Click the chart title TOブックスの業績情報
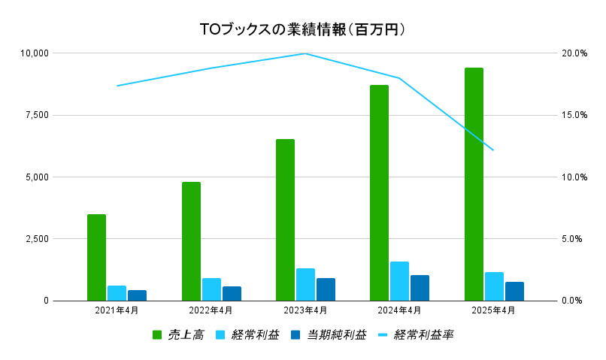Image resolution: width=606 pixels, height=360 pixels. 303,30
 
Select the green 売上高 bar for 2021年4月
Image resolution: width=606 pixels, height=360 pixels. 96,257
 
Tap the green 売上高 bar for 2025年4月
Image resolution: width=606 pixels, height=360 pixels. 474,184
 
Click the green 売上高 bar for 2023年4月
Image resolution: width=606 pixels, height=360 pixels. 285,219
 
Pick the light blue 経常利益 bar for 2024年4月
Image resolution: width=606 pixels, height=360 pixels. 399,280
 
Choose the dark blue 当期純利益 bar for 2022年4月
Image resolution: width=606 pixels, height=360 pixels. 232,293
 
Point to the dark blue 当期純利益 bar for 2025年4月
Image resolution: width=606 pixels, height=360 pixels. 514,291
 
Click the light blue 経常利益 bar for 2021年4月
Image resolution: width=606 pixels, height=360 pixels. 117,292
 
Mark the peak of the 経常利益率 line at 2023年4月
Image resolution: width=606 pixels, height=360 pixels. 305,53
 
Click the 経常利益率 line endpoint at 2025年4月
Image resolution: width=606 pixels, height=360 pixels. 493,150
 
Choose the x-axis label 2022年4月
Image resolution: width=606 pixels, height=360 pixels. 211,310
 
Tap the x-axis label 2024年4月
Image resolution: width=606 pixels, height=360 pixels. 399,310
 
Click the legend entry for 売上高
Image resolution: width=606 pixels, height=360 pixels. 178,335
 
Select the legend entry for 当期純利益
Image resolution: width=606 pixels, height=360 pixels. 328,335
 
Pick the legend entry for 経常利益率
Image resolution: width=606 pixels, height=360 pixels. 415,335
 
